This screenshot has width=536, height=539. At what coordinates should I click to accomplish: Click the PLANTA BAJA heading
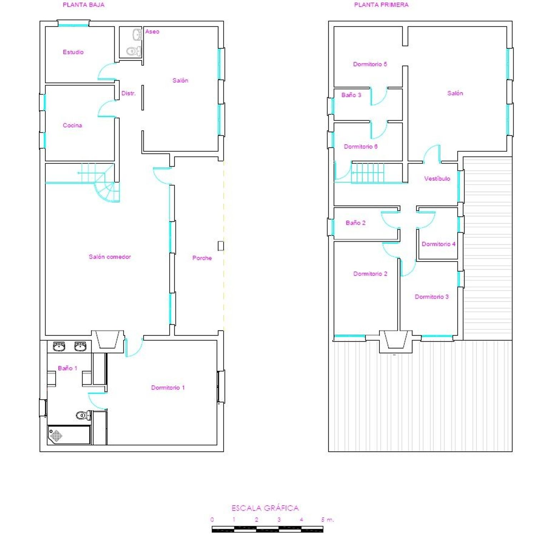point(84,5)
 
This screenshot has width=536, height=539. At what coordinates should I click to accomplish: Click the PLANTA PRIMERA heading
point(381,5)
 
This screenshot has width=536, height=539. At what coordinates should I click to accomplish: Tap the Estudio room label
point(73,52)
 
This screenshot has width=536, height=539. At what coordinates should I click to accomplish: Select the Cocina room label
point(73,125)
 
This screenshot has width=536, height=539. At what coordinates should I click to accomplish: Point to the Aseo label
point(152,32)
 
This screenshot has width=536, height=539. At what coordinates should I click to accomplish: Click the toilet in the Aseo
point(134,51)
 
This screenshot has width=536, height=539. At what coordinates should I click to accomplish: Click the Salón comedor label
point(110,257)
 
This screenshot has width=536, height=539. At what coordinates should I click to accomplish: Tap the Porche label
point(202,258)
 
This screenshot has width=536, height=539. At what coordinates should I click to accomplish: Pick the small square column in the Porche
point(221,246)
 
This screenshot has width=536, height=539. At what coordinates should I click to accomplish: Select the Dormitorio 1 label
point(168,388)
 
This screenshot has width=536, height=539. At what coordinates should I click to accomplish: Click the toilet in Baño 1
point(84,415)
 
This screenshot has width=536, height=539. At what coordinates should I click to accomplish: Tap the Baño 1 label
point(68,368)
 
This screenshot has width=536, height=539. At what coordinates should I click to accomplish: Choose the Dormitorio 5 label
point(370,64)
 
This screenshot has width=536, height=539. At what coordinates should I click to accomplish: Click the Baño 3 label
point(351,95)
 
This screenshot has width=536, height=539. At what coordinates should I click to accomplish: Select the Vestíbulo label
point(437,179)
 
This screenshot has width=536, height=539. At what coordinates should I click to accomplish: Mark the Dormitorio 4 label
point(439,244)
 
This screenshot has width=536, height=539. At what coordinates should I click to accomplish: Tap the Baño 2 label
point(356,223)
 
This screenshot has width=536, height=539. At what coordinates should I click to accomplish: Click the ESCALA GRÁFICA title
point(265,508)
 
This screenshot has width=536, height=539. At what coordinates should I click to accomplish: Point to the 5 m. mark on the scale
point(327,520)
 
